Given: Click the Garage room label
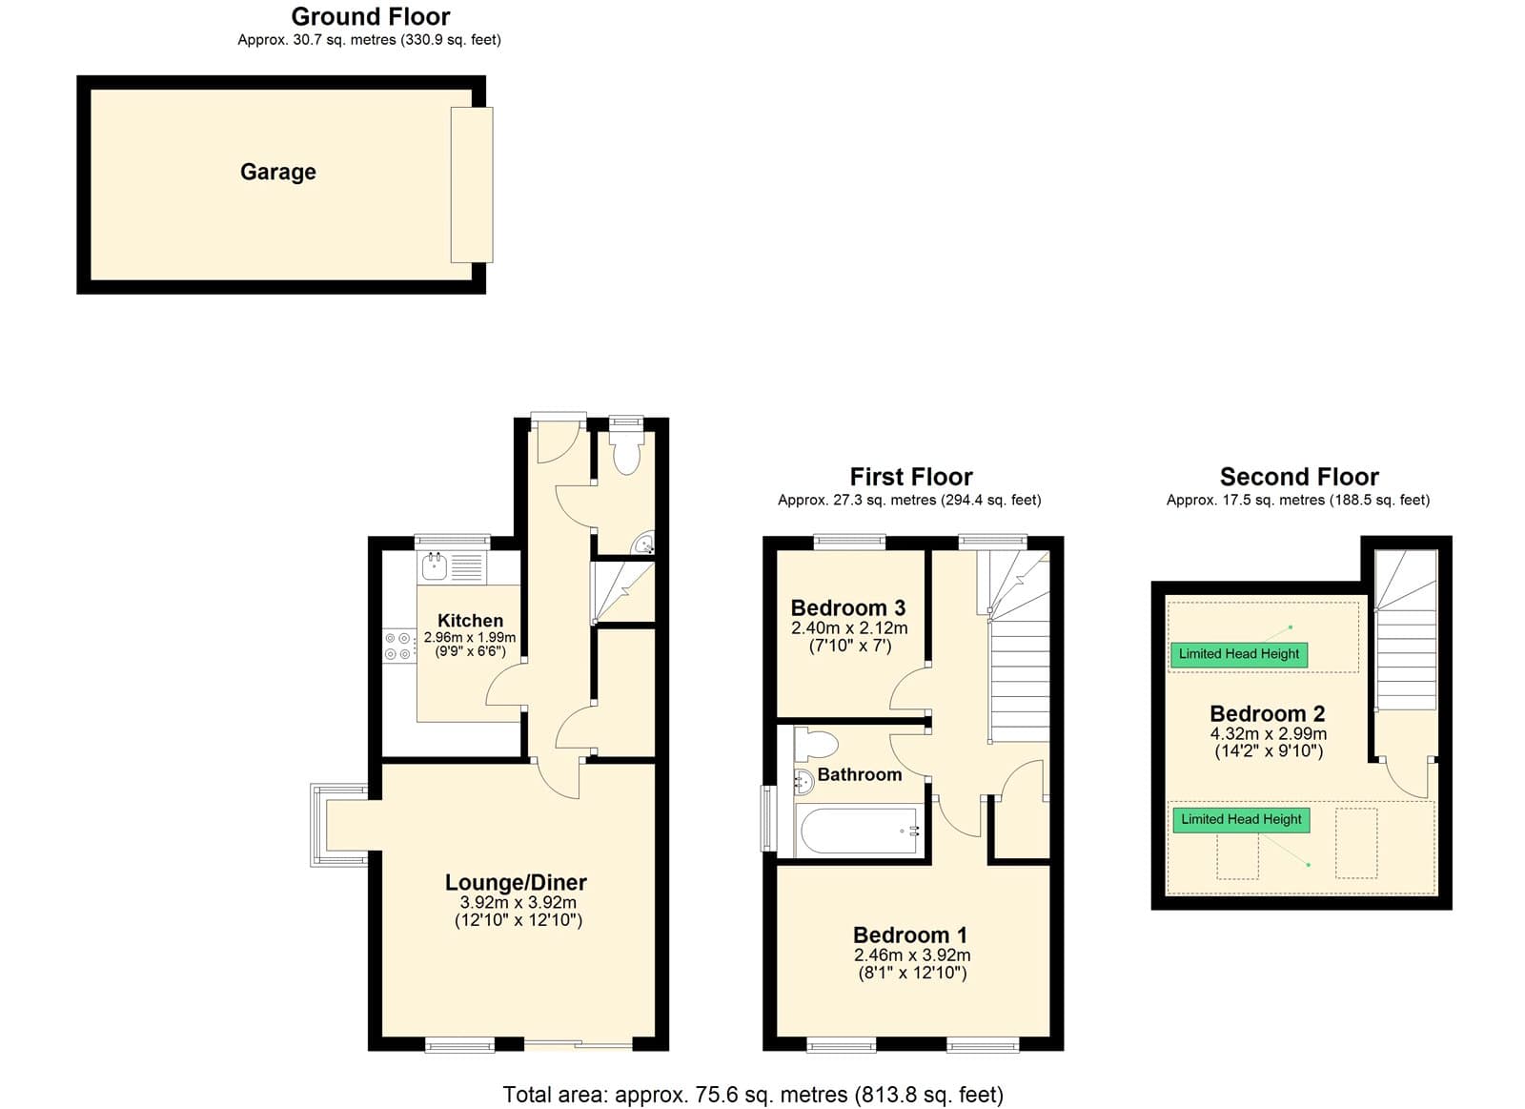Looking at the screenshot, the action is (x=277, y=172).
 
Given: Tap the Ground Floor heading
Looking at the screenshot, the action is (x=371, y=16).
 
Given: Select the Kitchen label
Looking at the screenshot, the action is (x=471, y=621).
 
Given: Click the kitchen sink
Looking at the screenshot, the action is (x=434, y=566).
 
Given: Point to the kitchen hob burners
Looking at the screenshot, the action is (x=397, y=646).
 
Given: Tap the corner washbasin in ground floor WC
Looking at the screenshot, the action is (x=643, y=544).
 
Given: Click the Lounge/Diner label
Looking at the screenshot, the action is (x=516, y=882).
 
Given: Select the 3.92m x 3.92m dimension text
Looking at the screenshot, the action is (x=518, y=903).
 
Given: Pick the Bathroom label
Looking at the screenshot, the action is (x=859, y=774).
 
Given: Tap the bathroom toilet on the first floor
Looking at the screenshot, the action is (x=815, y=744).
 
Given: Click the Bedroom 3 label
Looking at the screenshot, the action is (x=848, y=607).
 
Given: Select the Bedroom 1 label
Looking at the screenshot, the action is (x=910, y=934).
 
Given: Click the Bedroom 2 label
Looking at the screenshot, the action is (x=1267, y=713).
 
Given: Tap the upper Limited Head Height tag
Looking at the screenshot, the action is (x=1239, y=654).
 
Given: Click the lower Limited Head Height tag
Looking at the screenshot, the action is (x=1241, y=819).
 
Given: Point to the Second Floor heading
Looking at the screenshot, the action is (x=1299, y=476).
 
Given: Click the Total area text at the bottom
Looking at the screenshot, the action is (x=753, y=1094).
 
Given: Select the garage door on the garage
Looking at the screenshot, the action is (x=471, y=185).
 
